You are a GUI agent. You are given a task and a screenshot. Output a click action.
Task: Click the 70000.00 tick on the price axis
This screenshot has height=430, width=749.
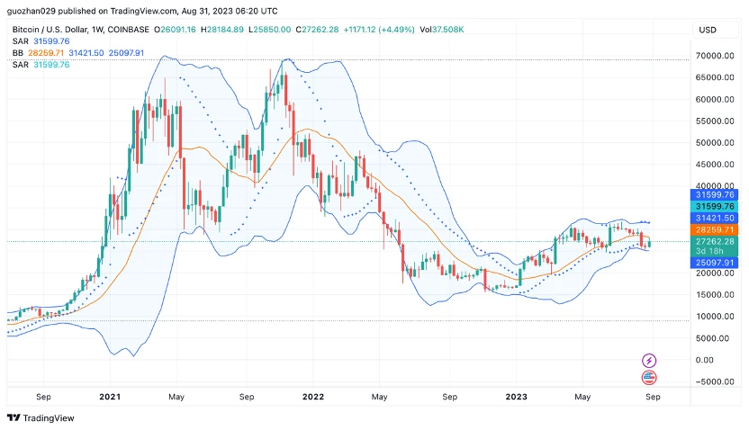coord(717,56)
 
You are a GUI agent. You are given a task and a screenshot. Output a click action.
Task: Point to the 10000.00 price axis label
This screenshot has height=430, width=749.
coord(717,317)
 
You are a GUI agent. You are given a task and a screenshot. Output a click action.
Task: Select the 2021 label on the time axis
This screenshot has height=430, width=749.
coord(110,396)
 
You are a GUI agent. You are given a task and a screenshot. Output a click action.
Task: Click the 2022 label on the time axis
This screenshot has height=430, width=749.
coord(312,396)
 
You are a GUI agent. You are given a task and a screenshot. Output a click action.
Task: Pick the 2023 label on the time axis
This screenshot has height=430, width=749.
coord(516,396)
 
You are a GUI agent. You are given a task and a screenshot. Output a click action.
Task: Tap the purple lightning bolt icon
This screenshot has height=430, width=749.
coord(648,361)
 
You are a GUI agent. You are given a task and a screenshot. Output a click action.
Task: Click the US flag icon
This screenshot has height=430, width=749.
coord(648,378)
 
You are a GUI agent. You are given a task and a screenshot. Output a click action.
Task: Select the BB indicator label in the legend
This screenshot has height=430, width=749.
coord(18,53)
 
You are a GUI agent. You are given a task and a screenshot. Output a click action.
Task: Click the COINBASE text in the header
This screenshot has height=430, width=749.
coord(131,30)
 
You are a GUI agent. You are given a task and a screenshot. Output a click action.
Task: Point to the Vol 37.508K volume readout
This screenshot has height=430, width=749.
coord(444,30)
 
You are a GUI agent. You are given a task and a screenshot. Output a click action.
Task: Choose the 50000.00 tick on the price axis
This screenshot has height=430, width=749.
coord(717,143)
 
